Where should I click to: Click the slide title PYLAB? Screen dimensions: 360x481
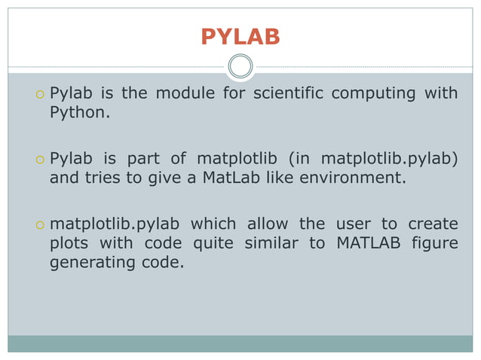tap(240, 37)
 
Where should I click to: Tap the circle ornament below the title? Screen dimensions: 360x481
tap(240, 66)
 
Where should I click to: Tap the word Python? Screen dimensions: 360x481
tap(78, 114)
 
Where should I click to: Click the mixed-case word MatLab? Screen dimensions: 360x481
tap(230, 178)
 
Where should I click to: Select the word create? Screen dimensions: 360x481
tap(433, 224)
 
